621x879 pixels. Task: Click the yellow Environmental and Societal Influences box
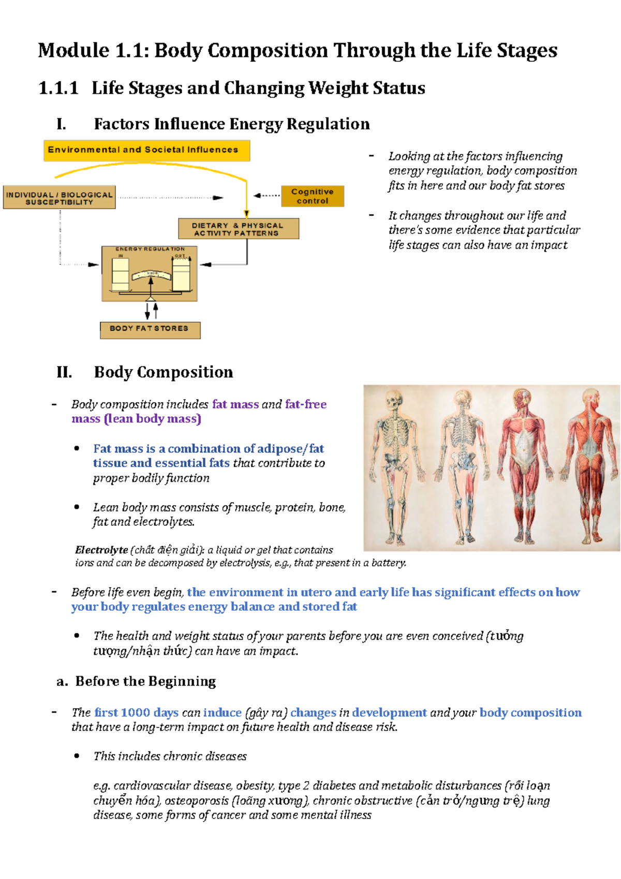[x=146, y=150]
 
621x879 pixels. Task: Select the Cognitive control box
[x=313, y=196]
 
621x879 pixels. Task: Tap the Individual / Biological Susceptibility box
[x=59, y=198]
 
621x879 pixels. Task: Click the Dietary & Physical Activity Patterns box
[x=238, y=229]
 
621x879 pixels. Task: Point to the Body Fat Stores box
[x=150, y=329]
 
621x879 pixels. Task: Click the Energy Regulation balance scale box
[x=149, y=274]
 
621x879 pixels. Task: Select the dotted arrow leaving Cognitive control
[x=267, y=196]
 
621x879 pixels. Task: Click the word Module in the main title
[x=73, y=51]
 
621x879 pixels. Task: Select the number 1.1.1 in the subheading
[x=58, y=88]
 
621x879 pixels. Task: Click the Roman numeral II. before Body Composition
[x=64, y=372]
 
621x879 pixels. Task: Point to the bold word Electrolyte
[x=101, y=550]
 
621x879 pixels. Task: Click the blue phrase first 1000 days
[x=136, y=713]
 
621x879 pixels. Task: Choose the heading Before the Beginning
[x=145, y=681]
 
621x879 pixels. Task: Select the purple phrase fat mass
[x=235, y=404]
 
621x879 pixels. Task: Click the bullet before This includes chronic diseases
[x=77, y=756]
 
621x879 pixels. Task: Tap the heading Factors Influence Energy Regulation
[x=231, y=124]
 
